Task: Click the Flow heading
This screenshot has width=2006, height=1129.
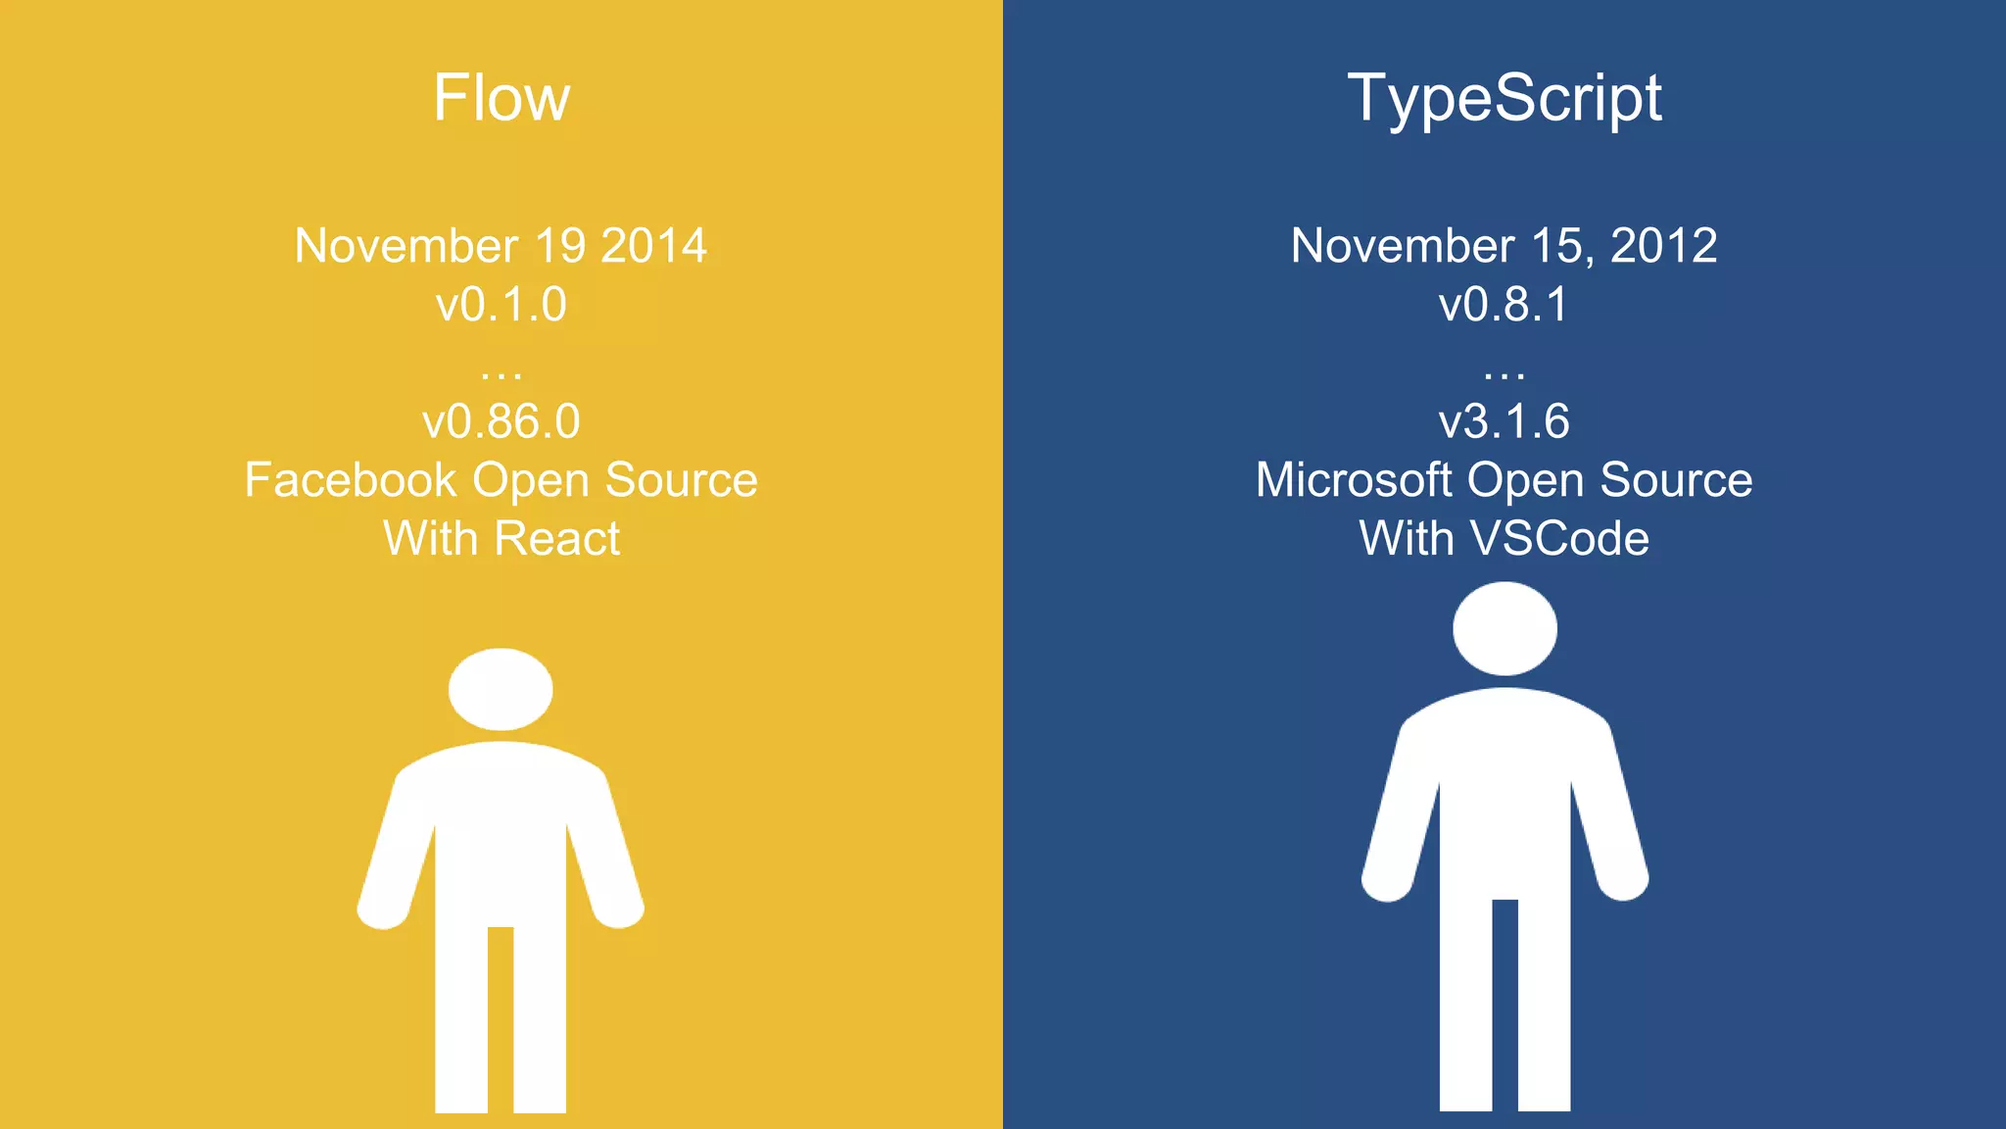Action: tap(501, 98)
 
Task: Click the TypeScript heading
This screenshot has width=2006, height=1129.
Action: tap(1504, 98)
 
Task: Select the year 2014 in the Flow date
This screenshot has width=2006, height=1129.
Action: tap(653, 246)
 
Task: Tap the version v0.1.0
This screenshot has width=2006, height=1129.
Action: tap(501, 305)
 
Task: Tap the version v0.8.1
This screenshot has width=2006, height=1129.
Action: tap(1504, 305)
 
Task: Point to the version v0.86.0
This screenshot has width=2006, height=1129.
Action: tap(501, 422)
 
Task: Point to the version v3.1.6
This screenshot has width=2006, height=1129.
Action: tap(1504, 422)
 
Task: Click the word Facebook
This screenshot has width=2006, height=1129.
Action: tap(351, 480)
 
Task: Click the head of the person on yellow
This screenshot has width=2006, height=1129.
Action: tap(501, 689)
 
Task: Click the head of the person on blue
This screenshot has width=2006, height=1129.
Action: tap(1504, 628)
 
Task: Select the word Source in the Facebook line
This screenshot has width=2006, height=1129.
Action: tap(681, 480)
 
